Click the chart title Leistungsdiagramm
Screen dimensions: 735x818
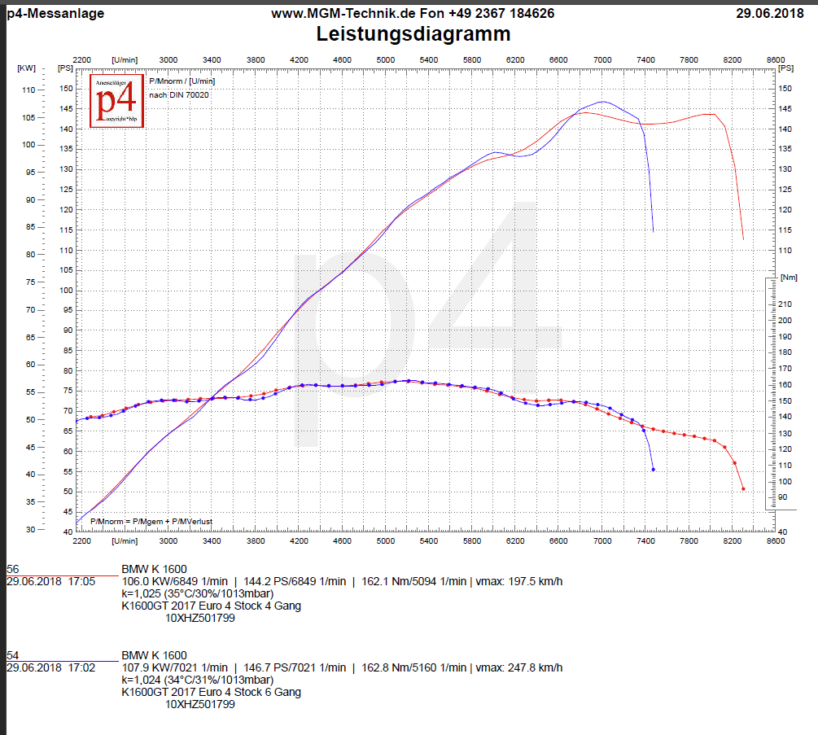tap(413, 34)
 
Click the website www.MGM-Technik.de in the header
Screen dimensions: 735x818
tap(330, 13)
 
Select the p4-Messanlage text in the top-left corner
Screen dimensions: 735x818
tap(55, 13)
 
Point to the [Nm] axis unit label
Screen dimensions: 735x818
tap(789, 278)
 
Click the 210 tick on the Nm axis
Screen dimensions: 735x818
tap(785, 304)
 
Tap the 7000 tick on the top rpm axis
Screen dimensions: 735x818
tap(602, 59)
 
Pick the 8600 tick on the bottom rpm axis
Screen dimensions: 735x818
tap(776, 540)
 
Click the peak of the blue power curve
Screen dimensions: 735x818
tap(602, 102)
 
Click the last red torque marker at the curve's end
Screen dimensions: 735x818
tap(743, 489)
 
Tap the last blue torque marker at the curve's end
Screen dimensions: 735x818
tap(653, 470)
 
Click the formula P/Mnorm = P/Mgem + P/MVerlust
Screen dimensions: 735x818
tap(151, 521)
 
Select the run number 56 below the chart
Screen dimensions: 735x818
tap(13, 569)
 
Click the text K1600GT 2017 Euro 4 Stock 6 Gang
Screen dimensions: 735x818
tap(211, 692)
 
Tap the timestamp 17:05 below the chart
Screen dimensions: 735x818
tap(82, 581)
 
